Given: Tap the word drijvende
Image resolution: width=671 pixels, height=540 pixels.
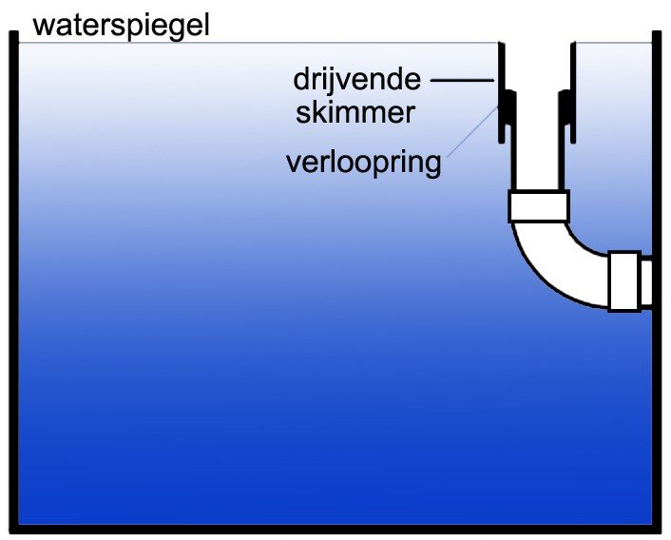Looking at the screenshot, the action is (x=357, y=80).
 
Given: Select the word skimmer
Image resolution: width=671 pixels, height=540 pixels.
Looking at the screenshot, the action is (x=355, y=112).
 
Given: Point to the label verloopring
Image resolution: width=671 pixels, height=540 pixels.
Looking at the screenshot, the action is (x=363, y=163).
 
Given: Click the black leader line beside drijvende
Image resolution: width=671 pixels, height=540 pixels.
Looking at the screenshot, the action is (x=462, y=80).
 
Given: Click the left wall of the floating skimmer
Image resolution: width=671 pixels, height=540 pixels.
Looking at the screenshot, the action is (x=502, y=92).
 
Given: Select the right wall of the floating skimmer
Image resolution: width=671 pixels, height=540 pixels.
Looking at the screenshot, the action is (x=573, y=92).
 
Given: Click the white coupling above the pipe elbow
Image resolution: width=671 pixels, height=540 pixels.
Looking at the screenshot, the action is (x=538, y=206).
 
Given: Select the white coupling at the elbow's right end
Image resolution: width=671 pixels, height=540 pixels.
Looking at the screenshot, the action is (x=624, y=281).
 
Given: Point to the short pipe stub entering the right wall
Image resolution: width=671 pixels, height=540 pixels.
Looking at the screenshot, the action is (x=646, y=281).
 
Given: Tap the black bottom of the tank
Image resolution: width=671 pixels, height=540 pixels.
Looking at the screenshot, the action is (x=335, y=529).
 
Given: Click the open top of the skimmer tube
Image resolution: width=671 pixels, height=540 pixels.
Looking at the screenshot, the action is (x=538, y=43).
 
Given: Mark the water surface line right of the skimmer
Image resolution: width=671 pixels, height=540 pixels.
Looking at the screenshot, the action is (x=614, y=43).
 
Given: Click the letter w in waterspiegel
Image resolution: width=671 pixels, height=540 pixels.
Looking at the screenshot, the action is (x=42, y=29).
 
